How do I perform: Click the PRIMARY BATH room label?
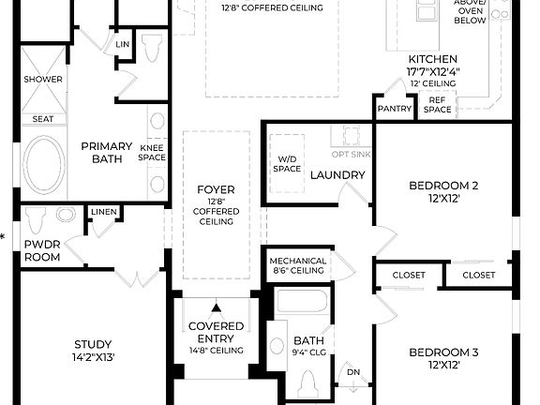coord(105,152)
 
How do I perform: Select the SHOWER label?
coord(43,80)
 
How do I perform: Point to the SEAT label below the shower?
coord(43,119)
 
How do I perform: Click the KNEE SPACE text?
coord(152,153)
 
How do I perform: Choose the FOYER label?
coord(216,189)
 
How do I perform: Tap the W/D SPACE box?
coord(287,163)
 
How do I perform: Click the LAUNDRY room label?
coord(337,175)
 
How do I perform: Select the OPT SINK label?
coord(352,153)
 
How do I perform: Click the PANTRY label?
coord(396,109)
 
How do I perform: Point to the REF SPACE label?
coord(438,104)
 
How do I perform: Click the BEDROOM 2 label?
coord(443,185)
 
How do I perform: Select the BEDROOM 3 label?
coord(443,352)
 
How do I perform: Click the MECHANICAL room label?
coord(297,262)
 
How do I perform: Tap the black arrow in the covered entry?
coord(217,307)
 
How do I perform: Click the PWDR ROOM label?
coord(41,248)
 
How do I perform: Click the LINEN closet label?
coord(104,212)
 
